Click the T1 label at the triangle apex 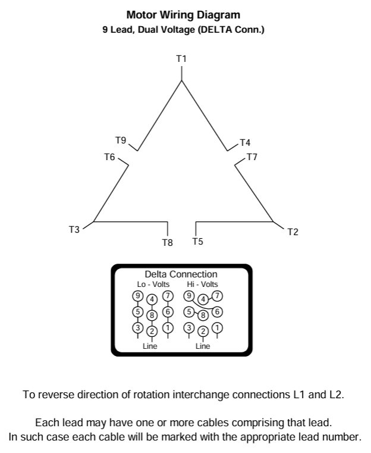point(181,58)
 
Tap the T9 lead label point(121,140)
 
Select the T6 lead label point(109,157)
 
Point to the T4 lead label point(245,143)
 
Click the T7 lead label point(251,157)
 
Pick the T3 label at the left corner point(74,230)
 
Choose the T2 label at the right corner point(293,232)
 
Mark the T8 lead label point(167,242)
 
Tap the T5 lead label point(197,241)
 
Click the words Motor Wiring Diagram point(183,15)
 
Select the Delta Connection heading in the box point(181,274)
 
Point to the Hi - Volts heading point(202,285)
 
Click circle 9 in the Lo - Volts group point(137,296)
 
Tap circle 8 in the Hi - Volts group point(203,315)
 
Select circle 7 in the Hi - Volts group point(217,296)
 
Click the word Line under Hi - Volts point(203,346)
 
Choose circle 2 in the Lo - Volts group point(152,331)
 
